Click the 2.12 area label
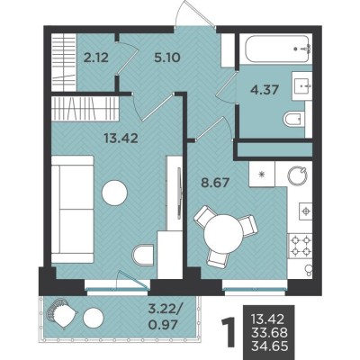coord(96,58)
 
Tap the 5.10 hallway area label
coord(167,58)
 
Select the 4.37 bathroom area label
coord(265,89)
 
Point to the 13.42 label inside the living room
coord(121,138)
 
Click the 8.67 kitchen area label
coord(215,183)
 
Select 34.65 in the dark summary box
coord(269,346)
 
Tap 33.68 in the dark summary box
coord(269,332)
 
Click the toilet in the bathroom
coord(294,120)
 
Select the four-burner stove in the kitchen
coord(300,245)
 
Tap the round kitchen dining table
coord(223,234)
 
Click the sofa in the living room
coord(73,209)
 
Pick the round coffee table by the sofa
coord(114,193)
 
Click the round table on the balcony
coord(94,318)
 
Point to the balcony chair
coord(61,313)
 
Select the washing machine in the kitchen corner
coord(297,175)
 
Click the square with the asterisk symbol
coord(262,174)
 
